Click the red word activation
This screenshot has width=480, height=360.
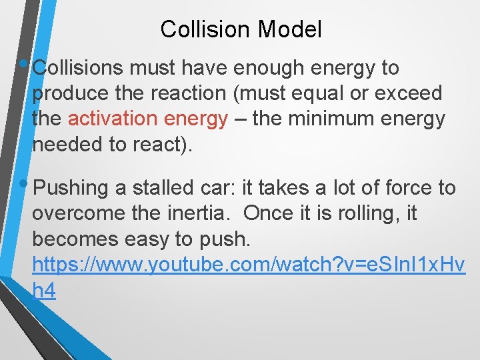[114, 119]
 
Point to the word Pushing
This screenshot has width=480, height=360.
[71, 189]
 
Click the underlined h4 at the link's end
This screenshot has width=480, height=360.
[44, 291]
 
